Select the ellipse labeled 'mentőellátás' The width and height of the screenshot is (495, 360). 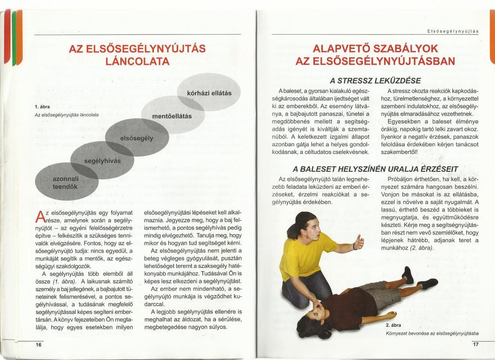tap(171, 116)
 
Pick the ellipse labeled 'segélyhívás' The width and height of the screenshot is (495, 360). tap(102, 161)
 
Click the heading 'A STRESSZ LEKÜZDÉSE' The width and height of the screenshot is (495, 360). tap(375, 81)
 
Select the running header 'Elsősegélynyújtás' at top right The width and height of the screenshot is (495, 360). tap(453, 32)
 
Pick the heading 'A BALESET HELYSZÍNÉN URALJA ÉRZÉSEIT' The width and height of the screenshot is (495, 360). tap(375, 168)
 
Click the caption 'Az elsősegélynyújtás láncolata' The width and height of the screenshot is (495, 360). tap(66, 115)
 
